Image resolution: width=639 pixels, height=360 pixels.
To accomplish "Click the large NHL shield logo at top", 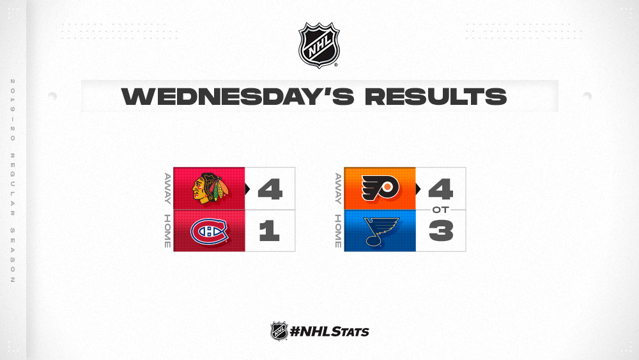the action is [319, 45].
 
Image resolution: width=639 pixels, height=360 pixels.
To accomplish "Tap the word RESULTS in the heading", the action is [436, 96].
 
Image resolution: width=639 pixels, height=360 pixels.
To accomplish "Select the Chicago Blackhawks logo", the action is [209, 189].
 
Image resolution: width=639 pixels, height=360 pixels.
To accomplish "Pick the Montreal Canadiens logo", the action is [209, 231].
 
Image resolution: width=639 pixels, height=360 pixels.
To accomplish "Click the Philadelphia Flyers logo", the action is [380, 189].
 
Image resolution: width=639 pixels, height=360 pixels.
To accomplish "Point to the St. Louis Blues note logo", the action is [381, 231].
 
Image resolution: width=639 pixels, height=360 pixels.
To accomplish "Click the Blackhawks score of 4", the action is [270, 189].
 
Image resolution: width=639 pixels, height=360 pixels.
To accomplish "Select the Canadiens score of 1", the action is [270, 231].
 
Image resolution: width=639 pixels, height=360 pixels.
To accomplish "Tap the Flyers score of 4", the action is [440, 189].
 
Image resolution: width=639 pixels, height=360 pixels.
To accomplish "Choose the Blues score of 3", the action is [441, 231].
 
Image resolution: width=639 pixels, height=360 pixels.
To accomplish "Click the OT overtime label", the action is [440, 210].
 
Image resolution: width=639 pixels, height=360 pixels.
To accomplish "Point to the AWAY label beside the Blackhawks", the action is [167, 189].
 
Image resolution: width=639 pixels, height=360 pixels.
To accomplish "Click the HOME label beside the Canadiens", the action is [167, 231].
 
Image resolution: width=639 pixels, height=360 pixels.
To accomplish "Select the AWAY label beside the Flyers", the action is [338, 189].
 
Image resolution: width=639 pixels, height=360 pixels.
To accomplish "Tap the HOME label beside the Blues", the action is [338, 231].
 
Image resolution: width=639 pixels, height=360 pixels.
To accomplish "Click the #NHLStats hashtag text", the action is [329, 331].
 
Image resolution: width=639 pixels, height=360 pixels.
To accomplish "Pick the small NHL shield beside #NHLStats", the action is [279, 331].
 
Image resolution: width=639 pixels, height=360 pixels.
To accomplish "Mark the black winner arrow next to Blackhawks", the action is [247, 189].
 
